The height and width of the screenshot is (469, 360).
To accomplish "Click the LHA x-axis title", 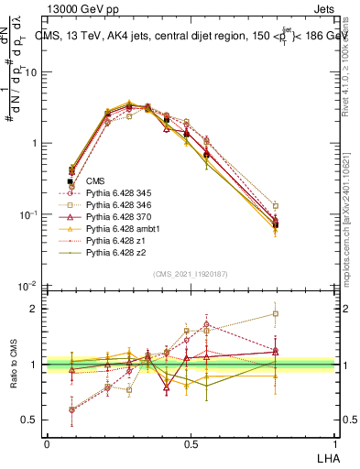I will (x=325, y=456).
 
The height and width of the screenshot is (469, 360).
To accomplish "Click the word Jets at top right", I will (x=323, y=10).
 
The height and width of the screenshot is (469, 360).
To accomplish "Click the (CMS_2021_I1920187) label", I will (x=191, y=274).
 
